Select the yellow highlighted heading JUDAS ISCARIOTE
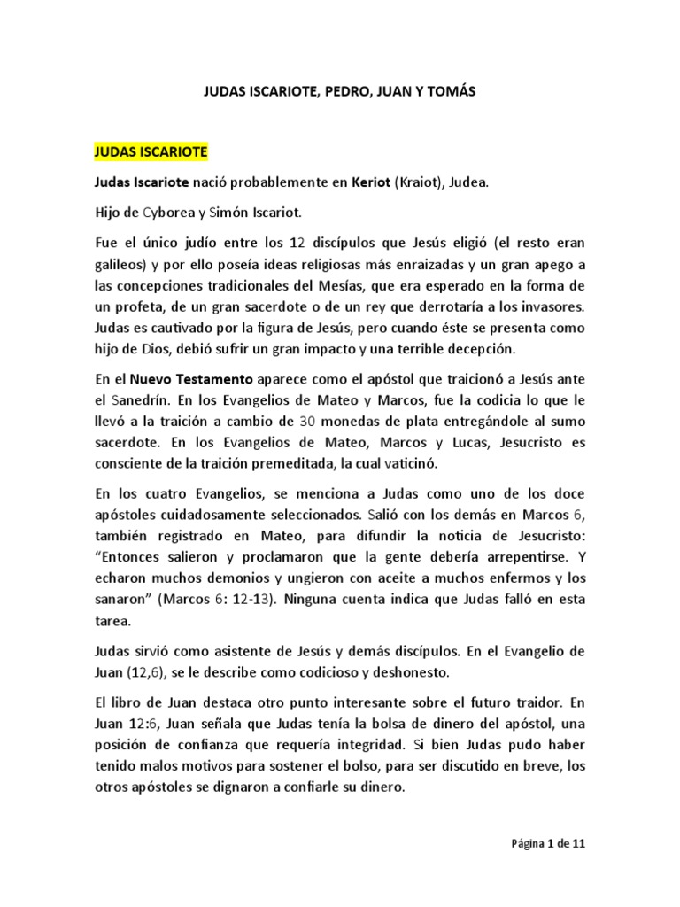click(151, 151)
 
